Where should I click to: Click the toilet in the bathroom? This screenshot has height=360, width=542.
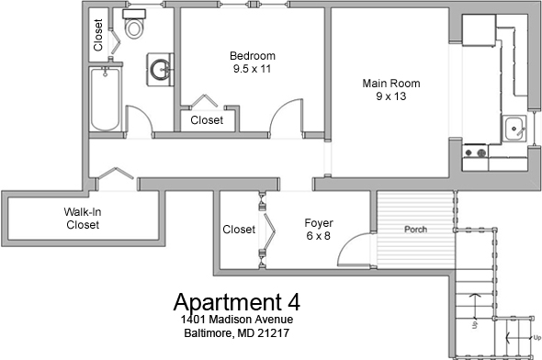pos(134,24)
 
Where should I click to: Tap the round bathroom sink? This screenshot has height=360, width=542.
pos(160,70)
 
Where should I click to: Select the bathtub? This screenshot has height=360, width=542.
pos(106,99)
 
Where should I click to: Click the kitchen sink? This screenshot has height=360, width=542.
pos(514,129)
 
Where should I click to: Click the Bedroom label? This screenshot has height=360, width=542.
pos(253,56)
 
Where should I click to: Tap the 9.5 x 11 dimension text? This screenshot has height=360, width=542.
pos(253,69)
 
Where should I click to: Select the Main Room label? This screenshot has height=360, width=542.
pos(391,84)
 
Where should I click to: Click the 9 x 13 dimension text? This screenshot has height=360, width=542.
pos(391,96)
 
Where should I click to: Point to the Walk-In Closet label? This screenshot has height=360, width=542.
pos(83,218)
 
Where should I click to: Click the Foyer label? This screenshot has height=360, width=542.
pos(319,223)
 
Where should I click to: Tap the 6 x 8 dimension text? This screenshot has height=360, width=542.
pos(319,236)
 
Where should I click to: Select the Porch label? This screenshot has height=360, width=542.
pos(415,229)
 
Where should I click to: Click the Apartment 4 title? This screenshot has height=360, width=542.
pos(237,301)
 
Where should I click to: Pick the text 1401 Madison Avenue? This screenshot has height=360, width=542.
pos(237,320)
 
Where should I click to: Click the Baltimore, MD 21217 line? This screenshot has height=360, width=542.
pos(237,333)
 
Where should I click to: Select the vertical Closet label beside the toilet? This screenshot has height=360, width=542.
pos(98,35)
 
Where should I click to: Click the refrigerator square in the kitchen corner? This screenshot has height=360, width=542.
pos(479,29)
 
